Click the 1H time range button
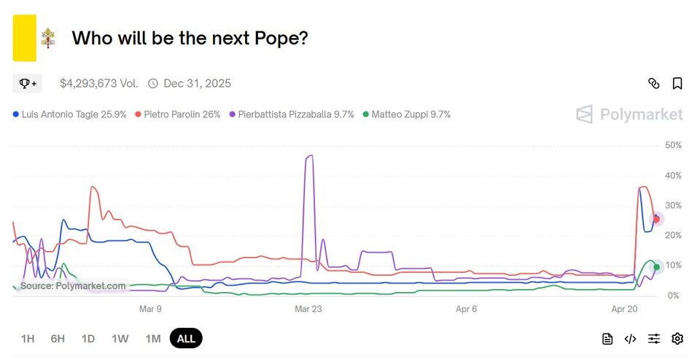point(28,338)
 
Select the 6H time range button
point(58,338)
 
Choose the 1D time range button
point(88,338)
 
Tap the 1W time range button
point(120,338)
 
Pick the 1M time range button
point(153,338)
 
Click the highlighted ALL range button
point(186,338)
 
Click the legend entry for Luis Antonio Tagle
point(70,114)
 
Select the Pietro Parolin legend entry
point(178,114)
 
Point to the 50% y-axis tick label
point(673,146)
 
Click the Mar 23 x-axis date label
point(308,309)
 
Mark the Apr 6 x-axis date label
point(467,309)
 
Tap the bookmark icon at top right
point(677,83)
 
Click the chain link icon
point(654,83)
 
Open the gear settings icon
point(677,338)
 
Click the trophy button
point(28,83)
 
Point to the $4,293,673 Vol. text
point(98,83)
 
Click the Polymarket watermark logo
point(629,114)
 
